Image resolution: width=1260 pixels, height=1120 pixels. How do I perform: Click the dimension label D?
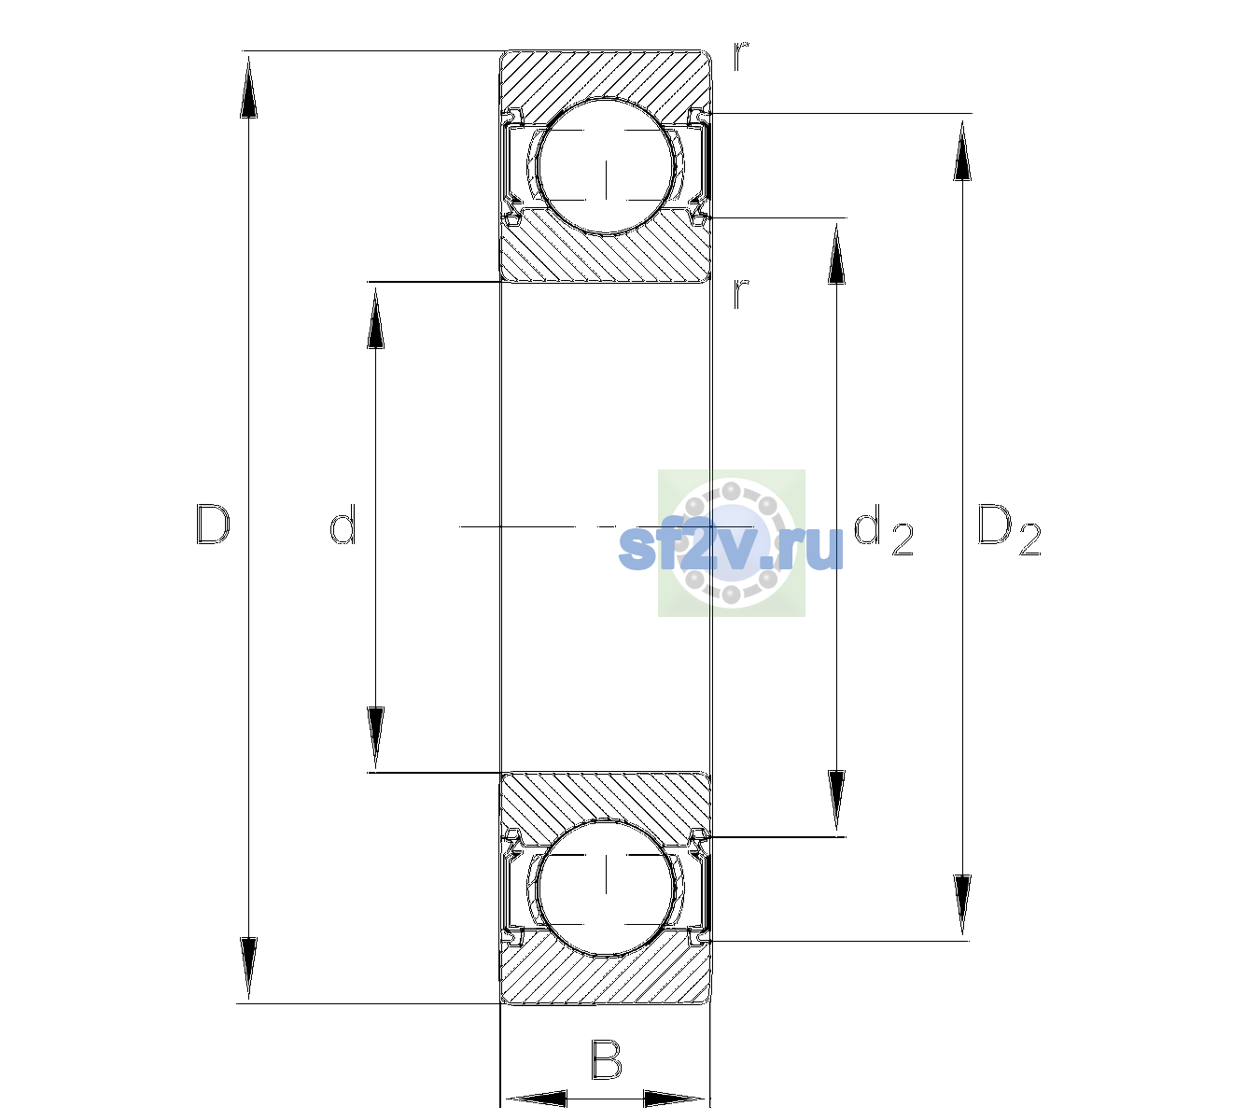pyautogui.click(x=213, y=525)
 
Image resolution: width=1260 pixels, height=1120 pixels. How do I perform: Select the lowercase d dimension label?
pyautogui.click(x=343, y=525)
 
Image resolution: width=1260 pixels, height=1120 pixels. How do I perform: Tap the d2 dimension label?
pyautogui.click(x=883, y=529)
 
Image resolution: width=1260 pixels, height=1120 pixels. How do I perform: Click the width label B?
pyautogui.click(x=605, y=1060)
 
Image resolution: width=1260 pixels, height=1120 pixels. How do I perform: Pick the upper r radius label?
pyautogui.click(x=741, y=55)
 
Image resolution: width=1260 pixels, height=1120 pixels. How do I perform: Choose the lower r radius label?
pyautogui.click(x=741, y=293)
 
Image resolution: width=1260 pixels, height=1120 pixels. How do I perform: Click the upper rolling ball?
pyautogui.click(x=606, y=166)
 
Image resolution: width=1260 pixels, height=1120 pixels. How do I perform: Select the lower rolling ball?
pyautogui.click(x=606, y=887)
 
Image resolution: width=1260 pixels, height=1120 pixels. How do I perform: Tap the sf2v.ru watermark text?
pyautogui.click(x=731, y=547)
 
